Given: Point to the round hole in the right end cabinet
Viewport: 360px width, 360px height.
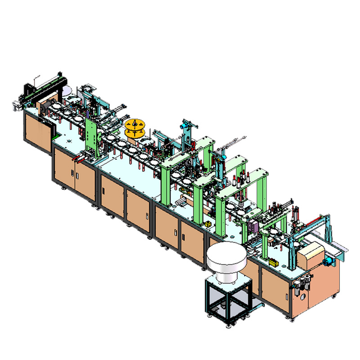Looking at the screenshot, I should point(303,297).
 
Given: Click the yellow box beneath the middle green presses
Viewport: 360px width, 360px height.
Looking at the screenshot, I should point(207,224).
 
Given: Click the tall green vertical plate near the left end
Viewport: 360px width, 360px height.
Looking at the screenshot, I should point(92,135).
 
